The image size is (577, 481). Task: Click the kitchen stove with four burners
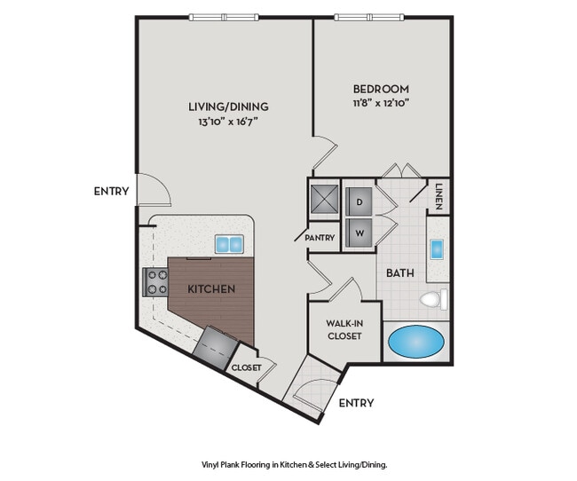(155, 282)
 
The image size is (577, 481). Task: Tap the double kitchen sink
(229, 244)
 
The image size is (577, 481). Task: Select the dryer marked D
(359, 201)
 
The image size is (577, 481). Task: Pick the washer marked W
(359, 233)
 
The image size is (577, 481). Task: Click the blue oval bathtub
(416, 342)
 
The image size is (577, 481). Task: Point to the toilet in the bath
(433, 299)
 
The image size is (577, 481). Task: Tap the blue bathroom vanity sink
(437, 249)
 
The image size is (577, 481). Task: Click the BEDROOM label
(381, 89)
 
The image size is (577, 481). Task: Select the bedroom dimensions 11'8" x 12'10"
(381, 103)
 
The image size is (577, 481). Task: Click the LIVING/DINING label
(228, 106)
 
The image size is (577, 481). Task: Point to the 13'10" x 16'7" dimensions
(228, 121)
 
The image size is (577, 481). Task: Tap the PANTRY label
(320, 238)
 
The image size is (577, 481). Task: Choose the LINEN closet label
(439, 196)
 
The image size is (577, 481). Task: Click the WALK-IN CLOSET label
(344, 330)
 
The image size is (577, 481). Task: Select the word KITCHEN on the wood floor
(211, 289)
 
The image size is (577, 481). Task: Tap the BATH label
(400, 273)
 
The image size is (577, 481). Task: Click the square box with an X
(324, 199)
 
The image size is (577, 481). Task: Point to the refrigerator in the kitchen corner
(216, 347)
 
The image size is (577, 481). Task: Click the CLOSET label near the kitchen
(246, 367)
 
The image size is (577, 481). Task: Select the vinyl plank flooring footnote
(295, 465)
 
